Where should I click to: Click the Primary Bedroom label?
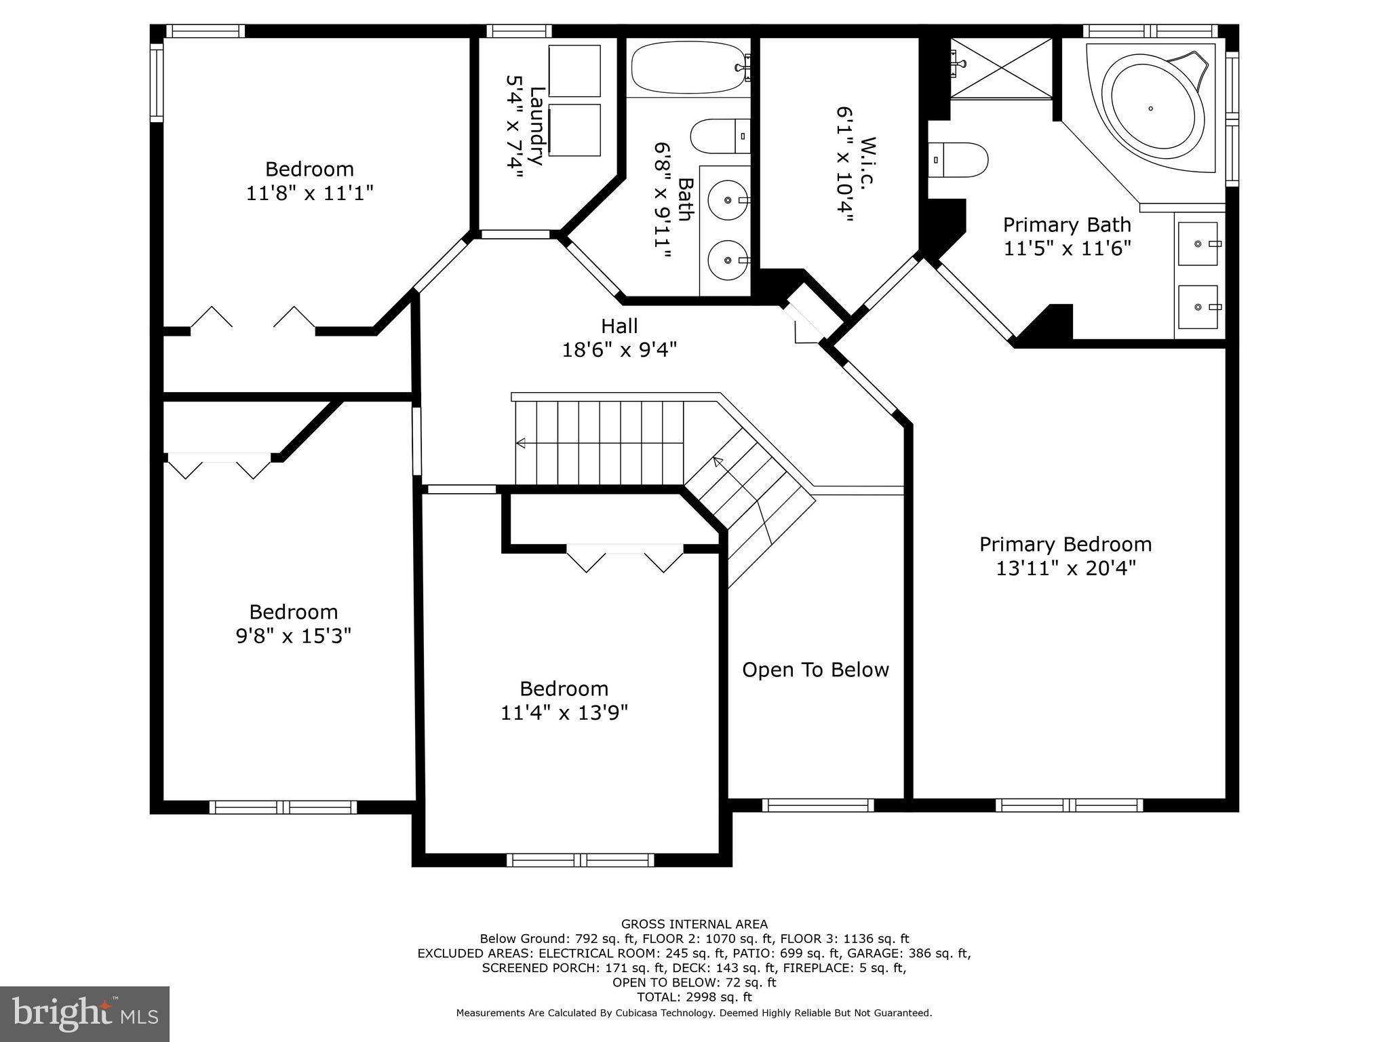pyautogui.click(x=1065, y=544)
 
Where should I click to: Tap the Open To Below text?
pyautogui.click(x=815, y=670)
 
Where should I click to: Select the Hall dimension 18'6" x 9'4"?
pyautogui.click(x=619, y=350)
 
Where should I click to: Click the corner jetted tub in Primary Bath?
pyautogui.click(x=1151, y=109)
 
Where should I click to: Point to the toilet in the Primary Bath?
pyautogui.click(x=958, y=159)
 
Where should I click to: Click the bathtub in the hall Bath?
pyautogui.click(x=686, y=68)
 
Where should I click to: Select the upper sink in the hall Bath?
pyautogui.click(x=726, y=200)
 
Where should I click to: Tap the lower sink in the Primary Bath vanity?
pyautogui.click(x=1198, y=307)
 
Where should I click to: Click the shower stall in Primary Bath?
pyautogui.click(x=1001, y=68)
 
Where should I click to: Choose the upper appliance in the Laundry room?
pyautogui.click(x=574, y=71)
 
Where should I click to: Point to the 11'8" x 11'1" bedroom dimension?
pyautogui.click(x=309, y=193)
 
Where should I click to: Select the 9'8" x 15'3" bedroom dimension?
pyautogui.click(x=293, y=636)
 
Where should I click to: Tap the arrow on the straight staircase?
pyautogui.click(x=521, y=444)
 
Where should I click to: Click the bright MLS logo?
pyautogui.click(x=84, y=1014)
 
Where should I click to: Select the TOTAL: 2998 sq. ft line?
pyautogui.click(x=694, y=997)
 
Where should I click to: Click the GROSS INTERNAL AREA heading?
pyautogui.click(x=694, y=924)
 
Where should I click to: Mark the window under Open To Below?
pyautogui.click(x=817, y=805)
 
